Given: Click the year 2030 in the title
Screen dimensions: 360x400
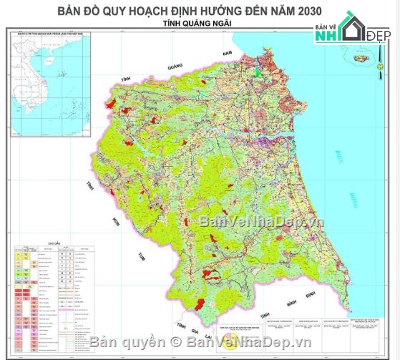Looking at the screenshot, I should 304,11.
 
